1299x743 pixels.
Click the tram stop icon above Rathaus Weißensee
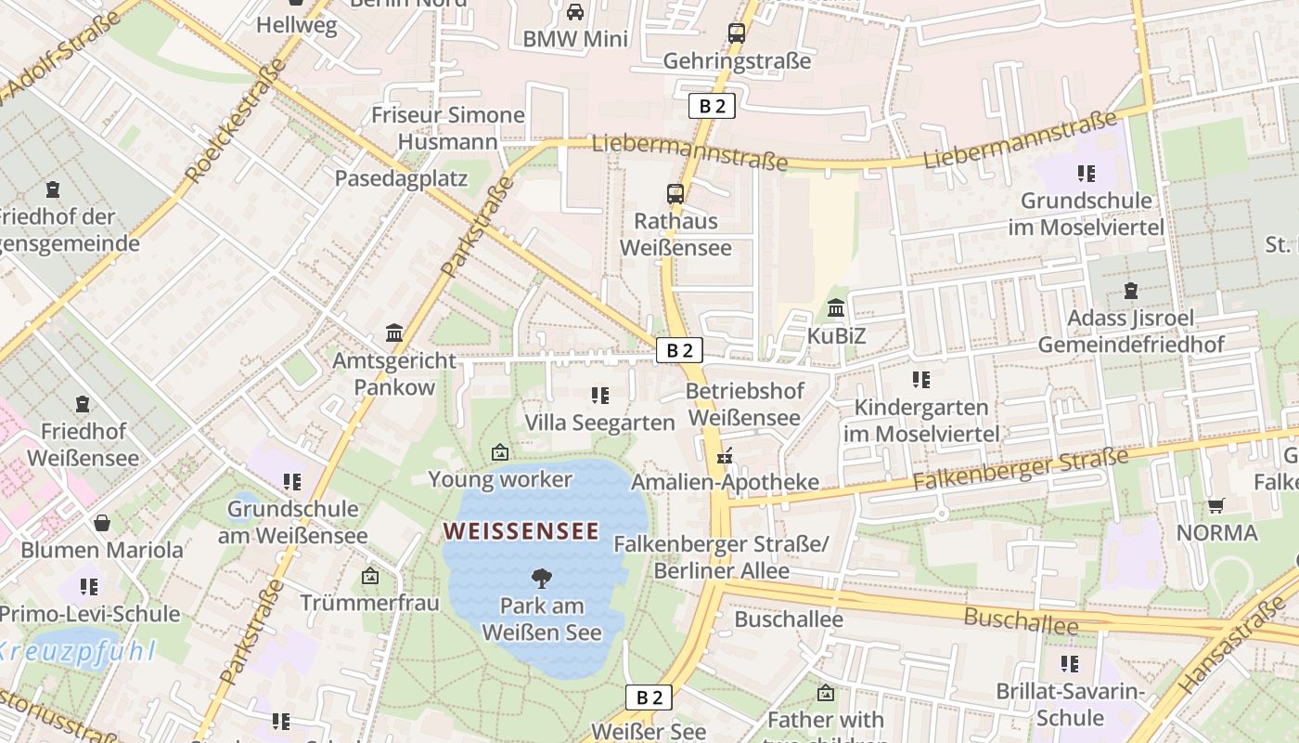coord(675,194)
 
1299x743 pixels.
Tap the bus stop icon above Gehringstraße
coord(737,33)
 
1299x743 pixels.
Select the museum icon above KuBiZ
coord(836,307)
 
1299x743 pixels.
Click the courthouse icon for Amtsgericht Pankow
coord(394,332)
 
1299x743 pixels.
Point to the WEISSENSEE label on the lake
coord(521,531)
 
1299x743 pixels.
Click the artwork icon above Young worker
coord(500,452)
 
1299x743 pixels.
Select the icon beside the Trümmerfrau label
coord(370,577)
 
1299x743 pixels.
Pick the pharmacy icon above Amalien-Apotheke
coord(725,456)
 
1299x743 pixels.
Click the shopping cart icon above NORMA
coord(1216,506)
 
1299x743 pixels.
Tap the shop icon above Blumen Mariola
coord(102,523)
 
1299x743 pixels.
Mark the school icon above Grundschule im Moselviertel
coord(1087,173)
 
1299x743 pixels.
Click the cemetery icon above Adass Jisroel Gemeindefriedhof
coord(1130,291)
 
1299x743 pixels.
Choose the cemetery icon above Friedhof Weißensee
coord(83,404)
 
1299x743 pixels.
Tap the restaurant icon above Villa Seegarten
coord(600,396)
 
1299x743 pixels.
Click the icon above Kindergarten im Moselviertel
coord(921,379)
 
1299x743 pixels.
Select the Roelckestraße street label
coord(236,121)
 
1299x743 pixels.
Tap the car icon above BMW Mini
coord(575,12)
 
